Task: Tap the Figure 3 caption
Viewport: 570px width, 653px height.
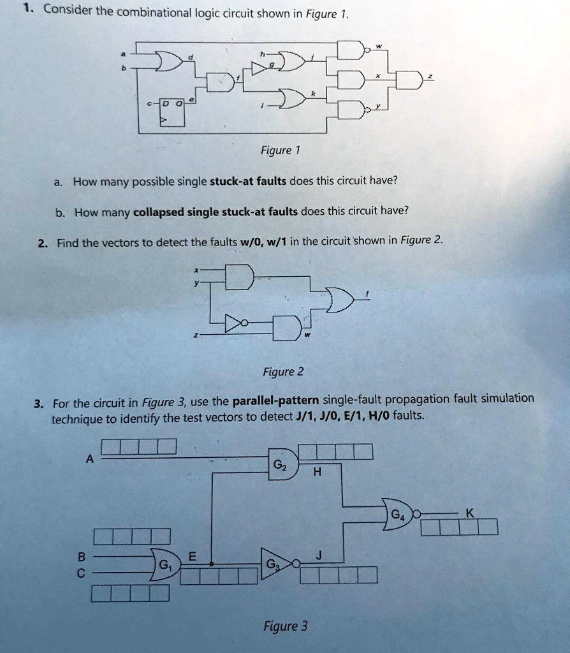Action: pyautogui.click(x=286, y=626)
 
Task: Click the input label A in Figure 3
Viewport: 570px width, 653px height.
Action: pyautogui.click(x=90, y=458)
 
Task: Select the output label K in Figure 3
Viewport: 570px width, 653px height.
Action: pyautogui.click(x=470, y=512)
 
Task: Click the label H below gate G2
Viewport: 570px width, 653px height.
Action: pyautogui.click(x=318, y=473)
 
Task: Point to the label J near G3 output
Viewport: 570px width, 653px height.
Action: pyautogui.click(x=319, y=555)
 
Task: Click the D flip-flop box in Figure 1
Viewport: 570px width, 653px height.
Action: pyautogui.click(x=172, y=113)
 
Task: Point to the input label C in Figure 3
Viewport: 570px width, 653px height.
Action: pyautogui.click(x=81, y=573)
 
